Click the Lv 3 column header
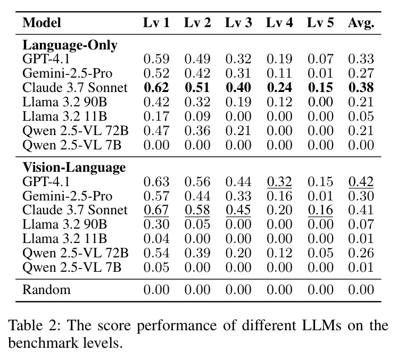[x=238, y=22]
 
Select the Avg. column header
[x=361, y=23]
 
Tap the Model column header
[x=42, y=22]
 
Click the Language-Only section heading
[x=70, y=46]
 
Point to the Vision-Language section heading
[x=74, y=168]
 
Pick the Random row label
[x=47, y=290]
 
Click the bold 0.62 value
[x=156, y=88]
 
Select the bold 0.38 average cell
[x=361, y=88]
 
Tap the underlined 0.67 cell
[x=156, y=210]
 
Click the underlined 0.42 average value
[x=361, y=182]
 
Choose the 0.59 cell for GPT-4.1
[x=156, y=59]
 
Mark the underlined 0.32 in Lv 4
[x=279, y=182]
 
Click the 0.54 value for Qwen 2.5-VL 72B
[x=156, y=253]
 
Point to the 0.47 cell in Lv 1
[x=156, y=131]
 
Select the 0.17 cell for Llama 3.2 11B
[x=156, y=116]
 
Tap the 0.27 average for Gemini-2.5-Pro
[x=361, y=73]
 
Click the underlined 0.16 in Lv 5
[x=320, y=210]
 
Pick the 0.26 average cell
[x=361, y=253]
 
